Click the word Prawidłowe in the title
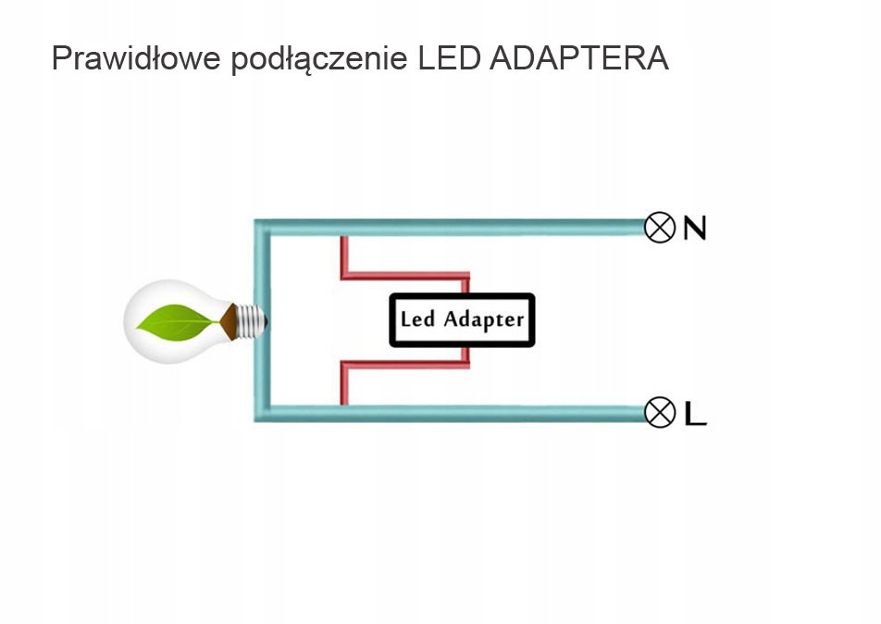[x=135, y=57]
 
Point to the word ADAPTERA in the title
[x=577, y=57]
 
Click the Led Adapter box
[x=462, y=320]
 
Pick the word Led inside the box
[x=417, y=319]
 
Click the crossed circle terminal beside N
[x=660, y=227]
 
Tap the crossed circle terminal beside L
[x=660, y=412]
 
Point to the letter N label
[x=694, y=228]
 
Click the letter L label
[x=695, y=413]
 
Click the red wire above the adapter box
[x=407, y=275]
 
